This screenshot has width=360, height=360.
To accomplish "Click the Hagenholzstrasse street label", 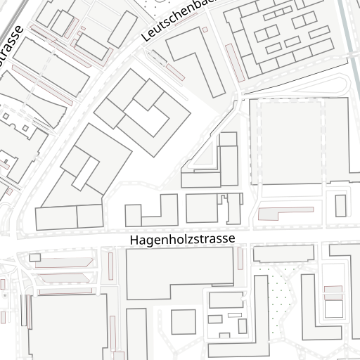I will click(182, 239).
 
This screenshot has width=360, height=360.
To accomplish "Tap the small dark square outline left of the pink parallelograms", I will click(34, 258).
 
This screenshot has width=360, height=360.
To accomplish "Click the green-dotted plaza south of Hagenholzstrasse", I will click(281, 295).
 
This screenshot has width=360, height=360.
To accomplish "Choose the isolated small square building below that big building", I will click(184, 322).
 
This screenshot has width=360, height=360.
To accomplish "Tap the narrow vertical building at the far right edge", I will click(341, 205).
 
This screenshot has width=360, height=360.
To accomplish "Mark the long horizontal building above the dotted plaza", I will click(283, 254).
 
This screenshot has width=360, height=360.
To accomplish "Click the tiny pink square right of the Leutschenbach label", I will click(205, 30).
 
